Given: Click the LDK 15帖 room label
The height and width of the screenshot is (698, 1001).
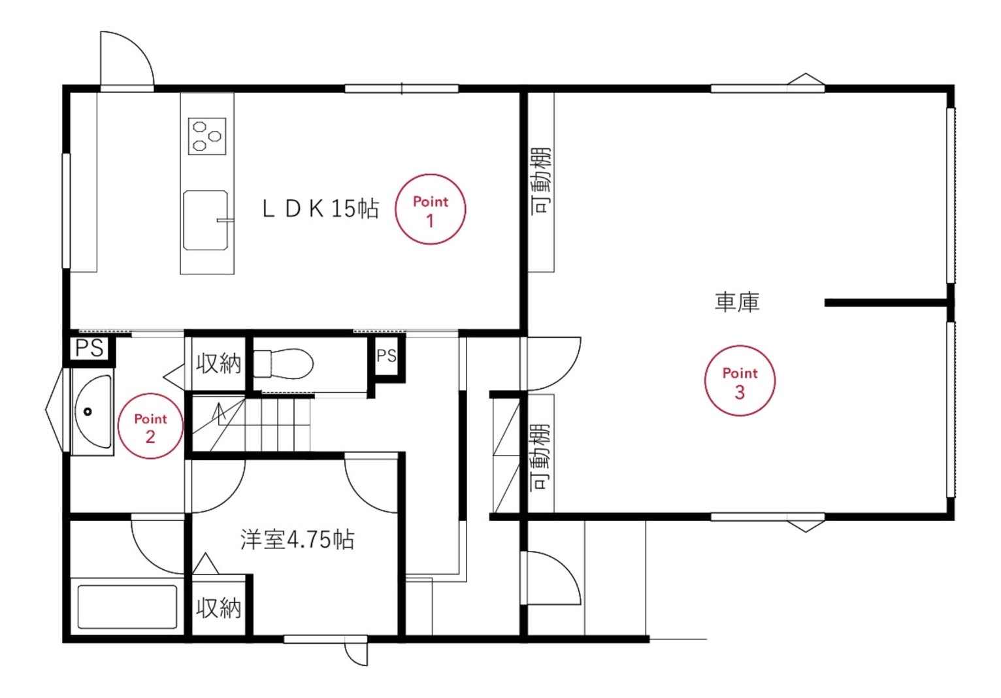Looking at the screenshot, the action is (x=320, y=208).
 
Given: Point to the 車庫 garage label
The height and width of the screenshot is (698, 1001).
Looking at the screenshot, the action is (x=737, y=302).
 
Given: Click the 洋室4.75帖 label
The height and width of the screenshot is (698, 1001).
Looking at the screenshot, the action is (x=297, y=539).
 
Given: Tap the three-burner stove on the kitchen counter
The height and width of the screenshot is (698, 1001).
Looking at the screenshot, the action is (x=207, y=137).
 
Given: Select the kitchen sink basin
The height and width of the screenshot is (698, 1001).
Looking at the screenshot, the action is (x=206, y=220).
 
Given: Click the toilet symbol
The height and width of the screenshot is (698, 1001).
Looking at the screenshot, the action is (x=284, y=364).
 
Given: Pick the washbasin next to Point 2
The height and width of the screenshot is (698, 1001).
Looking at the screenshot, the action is (x=93, y=412).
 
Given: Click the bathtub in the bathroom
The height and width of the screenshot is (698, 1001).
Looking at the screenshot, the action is (x=127, y=607).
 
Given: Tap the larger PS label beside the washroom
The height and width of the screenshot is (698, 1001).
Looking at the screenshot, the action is (x=90, y=348).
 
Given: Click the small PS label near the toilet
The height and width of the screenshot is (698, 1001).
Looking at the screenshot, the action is (x=387, y=356).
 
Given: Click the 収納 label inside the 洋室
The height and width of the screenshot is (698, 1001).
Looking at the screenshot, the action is (x=219, y=608).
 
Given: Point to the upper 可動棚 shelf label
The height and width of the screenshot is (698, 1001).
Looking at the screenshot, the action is (x=541, y=182).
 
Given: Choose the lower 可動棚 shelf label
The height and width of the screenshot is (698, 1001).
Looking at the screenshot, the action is (x=540, y=457).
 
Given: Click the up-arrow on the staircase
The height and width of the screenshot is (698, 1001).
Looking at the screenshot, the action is (x=219, y=413).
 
